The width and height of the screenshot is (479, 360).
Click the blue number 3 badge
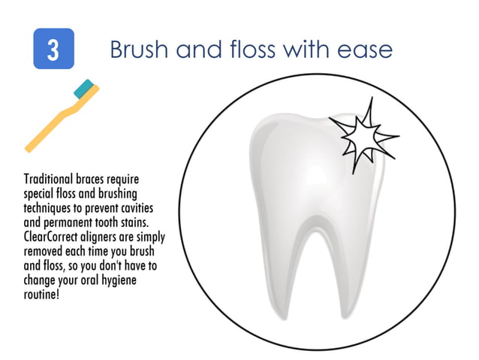(x=53, y=49)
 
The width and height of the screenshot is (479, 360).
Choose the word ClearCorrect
(x=52, y=233)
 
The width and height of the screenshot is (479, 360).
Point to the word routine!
(x=43, y=293)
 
